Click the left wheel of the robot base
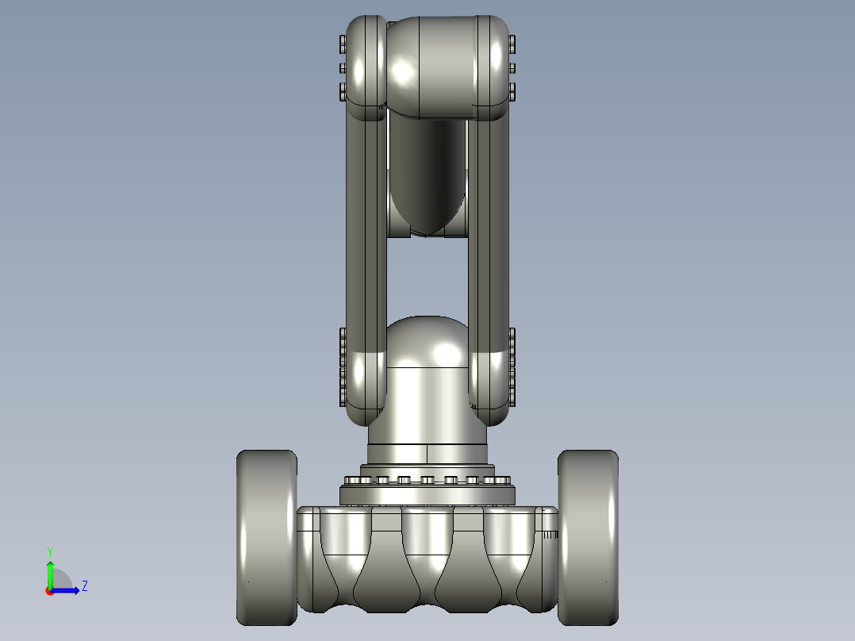266,537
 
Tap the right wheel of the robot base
588,537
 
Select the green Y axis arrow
50,574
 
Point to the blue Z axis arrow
65,590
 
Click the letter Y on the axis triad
50,552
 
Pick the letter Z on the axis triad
85,586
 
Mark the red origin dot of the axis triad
49,591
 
